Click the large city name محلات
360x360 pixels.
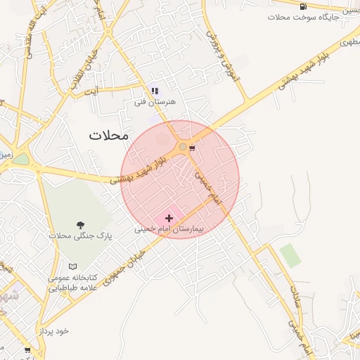pos(109,135)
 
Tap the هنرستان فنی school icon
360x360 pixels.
pos(155,91)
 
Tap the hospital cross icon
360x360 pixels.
pos(169,219)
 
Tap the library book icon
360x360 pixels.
pos(73,266)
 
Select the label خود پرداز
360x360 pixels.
pos(54,330)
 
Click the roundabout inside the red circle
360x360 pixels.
pos(183,146)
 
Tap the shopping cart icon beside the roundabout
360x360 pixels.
pos(192,148)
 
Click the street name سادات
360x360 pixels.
pos(295,310)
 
